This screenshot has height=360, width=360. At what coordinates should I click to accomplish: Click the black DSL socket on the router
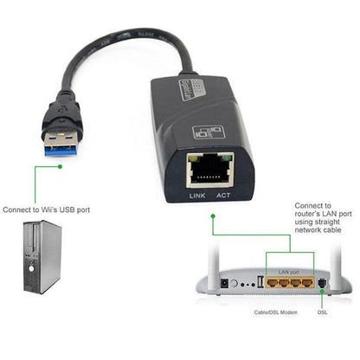click(x=322, y=284)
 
